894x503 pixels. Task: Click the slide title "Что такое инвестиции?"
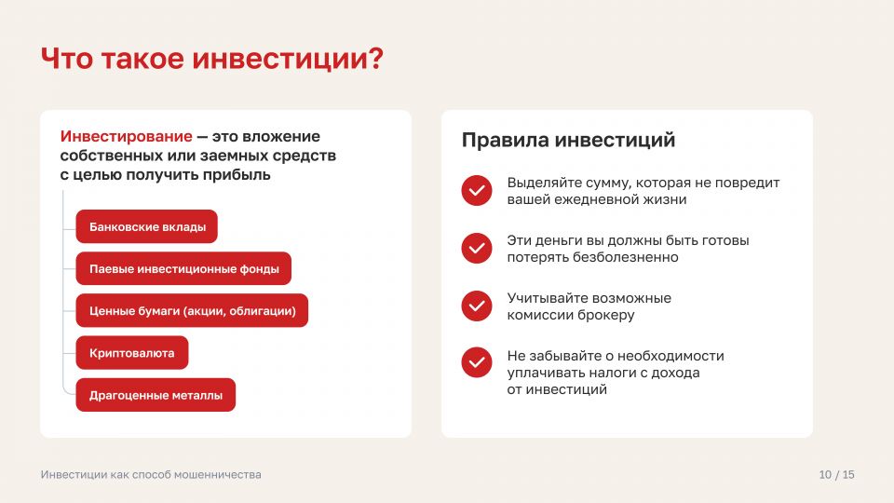pyautogui.click(x=212, y=59)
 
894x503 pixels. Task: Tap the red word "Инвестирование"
pyautogui.click(x=126, y=137)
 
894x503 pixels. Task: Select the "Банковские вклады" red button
pyautogui.click(x=146, y=226)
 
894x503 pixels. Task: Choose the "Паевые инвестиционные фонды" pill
pyautogui.click(x=183, y=268)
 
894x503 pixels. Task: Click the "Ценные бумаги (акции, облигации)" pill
pyautogui.click(x=192, y=311)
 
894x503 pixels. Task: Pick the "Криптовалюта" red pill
pyautogui.click(x=131, y=353)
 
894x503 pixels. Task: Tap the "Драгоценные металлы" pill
pyautogui.click(x=156, y=395)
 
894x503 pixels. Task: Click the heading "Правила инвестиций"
pyautogui.click(x=568, y=141)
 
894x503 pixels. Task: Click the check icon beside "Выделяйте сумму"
pyautogui.click(x=477, y=190)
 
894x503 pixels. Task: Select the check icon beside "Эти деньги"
pyautogui.click(x=477, y=248)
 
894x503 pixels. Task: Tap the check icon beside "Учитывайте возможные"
pyautogui.click(x=477, y=306)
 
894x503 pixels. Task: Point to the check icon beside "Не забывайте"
pyautogui.click(x=477, y=362)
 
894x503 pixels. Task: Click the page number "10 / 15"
pyautogui.click(x=836, y=474)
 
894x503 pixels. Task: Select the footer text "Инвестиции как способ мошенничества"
pyautogui.click(x=151, y=474)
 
